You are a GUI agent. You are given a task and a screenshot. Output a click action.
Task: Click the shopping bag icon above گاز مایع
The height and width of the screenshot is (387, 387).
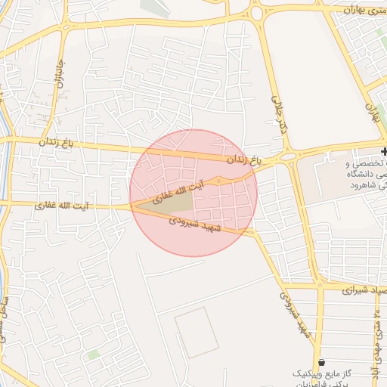click(323, 361)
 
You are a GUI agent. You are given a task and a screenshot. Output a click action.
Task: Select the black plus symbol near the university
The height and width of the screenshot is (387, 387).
click(383, 152)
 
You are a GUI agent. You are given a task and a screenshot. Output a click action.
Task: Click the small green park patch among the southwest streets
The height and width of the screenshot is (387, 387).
click(92, 354)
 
